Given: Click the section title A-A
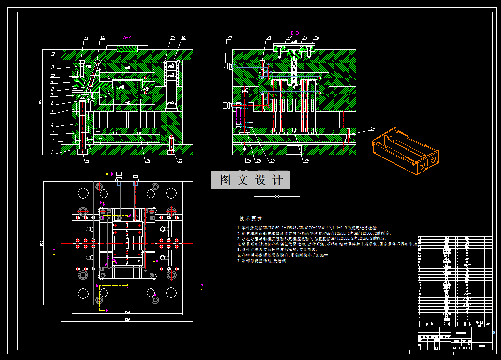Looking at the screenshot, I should [x=127, y=37].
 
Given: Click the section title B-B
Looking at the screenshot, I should [x=295, y=33].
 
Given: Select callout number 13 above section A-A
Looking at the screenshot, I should [x=86, y=38].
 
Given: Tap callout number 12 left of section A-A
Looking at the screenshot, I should [x=52, y=54].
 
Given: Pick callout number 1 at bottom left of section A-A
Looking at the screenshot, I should [x=52, y=152].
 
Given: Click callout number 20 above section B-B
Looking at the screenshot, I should [x=229, y=37].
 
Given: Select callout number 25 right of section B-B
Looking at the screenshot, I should [x=373, y=128].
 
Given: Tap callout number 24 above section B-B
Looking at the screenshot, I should [x=317, y=37].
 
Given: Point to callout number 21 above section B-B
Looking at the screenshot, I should [x=269, y=37].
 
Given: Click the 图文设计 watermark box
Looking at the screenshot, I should [x=250, y=180].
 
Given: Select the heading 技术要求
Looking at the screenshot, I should [x=251, y=219].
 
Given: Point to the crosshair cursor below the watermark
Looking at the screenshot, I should [x=277, y=197].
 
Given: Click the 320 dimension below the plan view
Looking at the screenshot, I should [x=127, y=319].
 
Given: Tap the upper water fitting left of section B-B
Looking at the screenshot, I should [x=226, y=65].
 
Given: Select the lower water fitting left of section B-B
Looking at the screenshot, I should [x=226, y=105].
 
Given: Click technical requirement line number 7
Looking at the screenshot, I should [x=261, y=261].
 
